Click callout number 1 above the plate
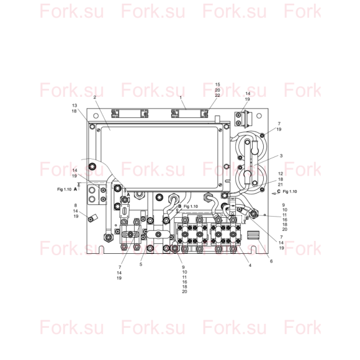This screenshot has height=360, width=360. tap(181, 97)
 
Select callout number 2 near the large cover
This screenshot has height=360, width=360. tap(94, 97)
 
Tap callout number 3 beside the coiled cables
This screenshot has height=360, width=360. tap(281, 156)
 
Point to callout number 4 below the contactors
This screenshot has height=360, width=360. tap(250, 265)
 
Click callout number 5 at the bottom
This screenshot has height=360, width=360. tap(141, 264)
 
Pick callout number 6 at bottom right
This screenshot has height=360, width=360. tap(271, 261)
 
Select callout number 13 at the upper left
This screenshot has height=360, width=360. tap(74, 106)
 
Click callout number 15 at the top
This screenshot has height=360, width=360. tap(217, 84)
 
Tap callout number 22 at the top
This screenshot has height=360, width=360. tap(217, 96)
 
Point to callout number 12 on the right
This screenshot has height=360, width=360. tap(281, 174)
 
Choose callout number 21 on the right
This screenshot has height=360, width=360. tap(281, 184)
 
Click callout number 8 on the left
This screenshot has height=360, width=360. tap(76, 205)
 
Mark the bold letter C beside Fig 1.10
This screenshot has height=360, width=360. tap(279, 191)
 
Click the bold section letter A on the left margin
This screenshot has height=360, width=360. tap(75, 189)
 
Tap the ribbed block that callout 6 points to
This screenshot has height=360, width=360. tap(253, 235)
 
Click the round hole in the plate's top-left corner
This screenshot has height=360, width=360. tap(96, 115)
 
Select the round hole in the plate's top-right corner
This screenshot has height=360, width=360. tap(259, 115)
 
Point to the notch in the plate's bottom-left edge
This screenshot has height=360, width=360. tap(101, 250)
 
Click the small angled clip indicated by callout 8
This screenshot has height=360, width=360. tap(92, 218)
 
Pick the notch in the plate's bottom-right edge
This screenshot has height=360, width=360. tap(254, 250)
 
